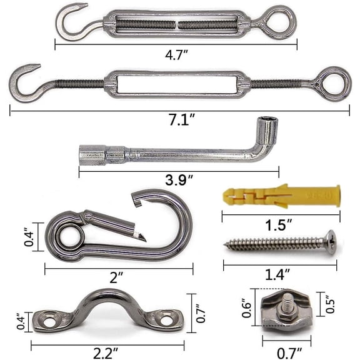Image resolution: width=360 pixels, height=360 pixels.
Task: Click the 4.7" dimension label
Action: tap(176, 55)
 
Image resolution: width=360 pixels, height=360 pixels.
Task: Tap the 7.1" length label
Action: tap(182, 119)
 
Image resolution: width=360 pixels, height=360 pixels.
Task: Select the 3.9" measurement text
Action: tap(179, 180)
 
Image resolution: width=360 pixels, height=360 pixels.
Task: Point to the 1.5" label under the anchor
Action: tap(279, 225)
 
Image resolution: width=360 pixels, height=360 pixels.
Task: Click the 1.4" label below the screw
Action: tap(277, 274)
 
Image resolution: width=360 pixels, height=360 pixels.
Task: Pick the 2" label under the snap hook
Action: tap(116, 277)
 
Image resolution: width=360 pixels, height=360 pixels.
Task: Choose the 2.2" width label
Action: tap(106, 353)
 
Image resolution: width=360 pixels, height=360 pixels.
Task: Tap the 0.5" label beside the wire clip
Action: tap(330, 304)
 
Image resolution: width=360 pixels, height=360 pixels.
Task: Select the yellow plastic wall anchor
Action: tap(281, 196)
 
